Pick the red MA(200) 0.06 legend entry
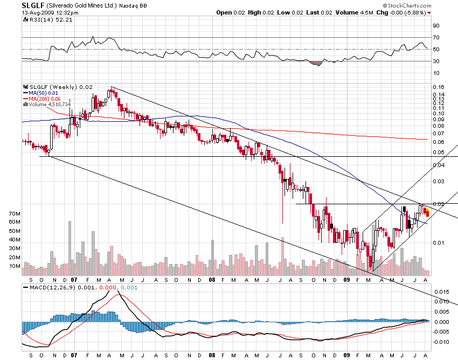click(x=44, y=98)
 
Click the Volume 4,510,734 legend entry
click(x=52, y=103)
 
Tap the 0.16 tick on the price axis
click(x=439, y=87)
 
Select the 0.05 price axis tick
click(x=439, y=153)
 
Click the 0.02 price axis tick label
click(x=439, y=203)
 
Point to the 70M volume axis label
click(x=15, y=213)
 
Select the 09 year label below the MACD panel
click(x=346, y=356)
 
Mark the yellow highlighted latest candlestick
click(x=427, y=214)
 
